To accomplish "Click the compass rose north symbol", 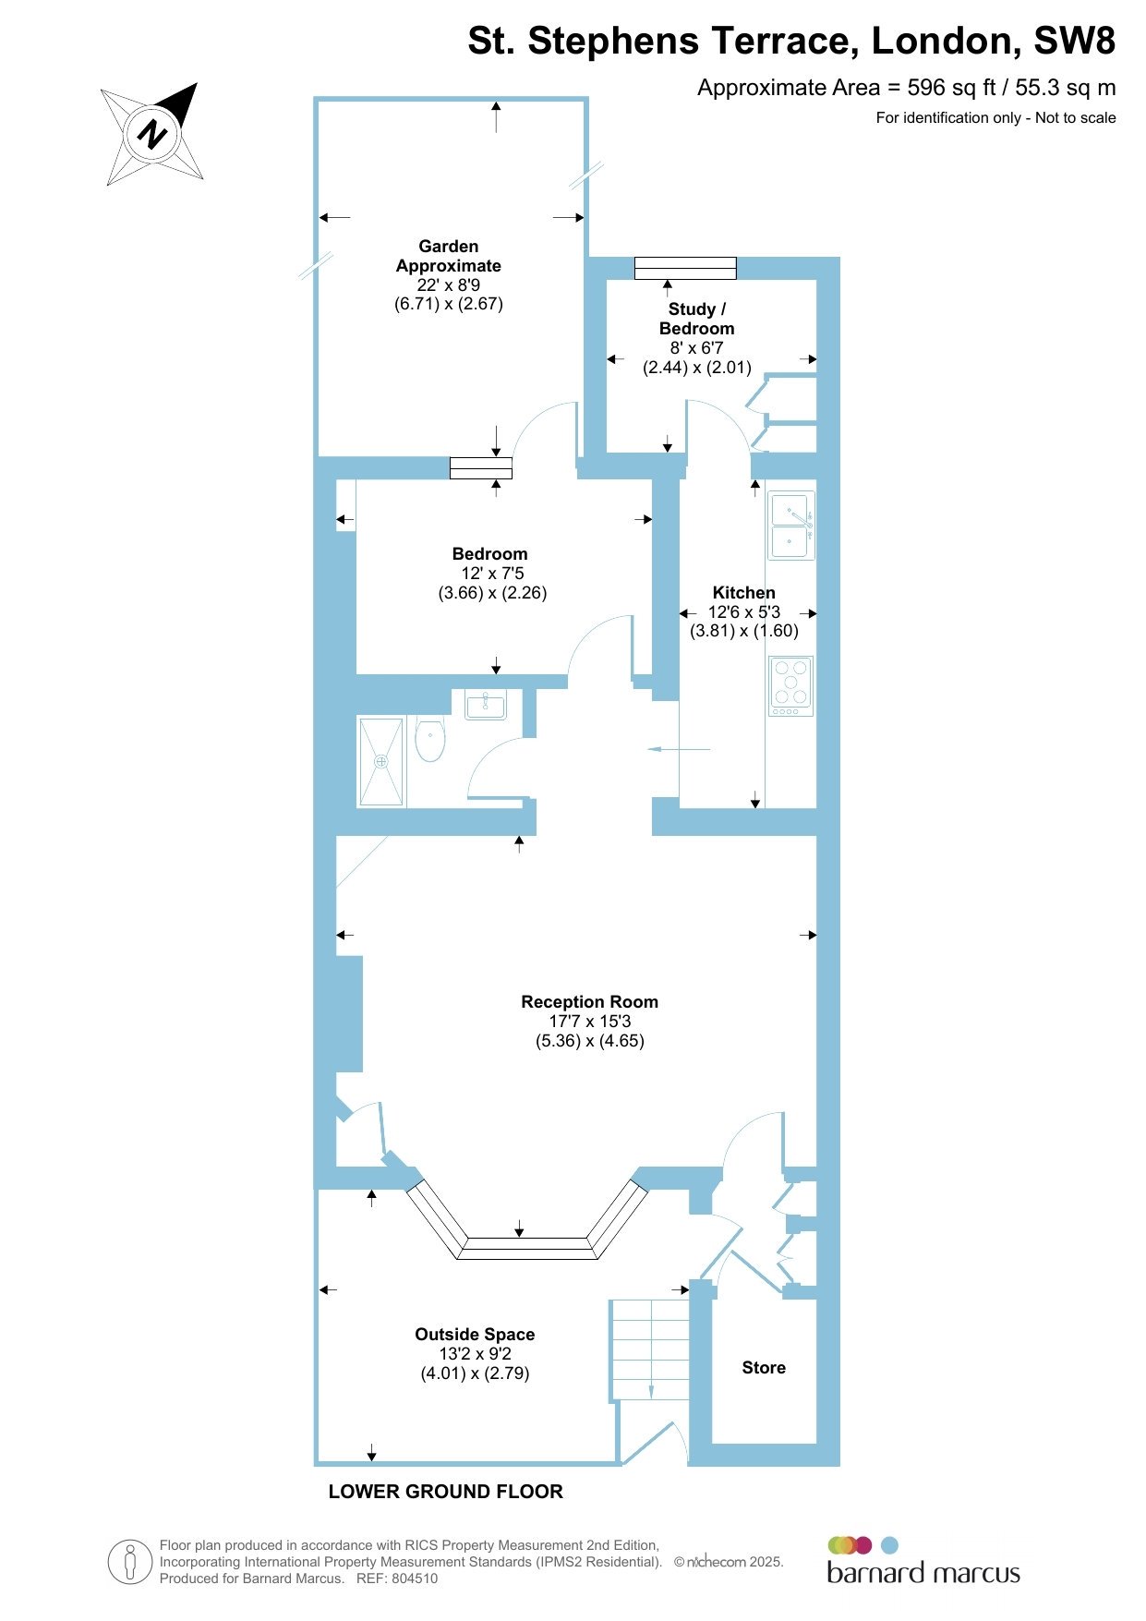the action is (x=152, y=135).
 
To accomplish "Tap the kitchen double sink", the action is (x=791, y=526).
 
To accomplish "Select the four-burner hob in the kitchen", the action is (x=791, y=685).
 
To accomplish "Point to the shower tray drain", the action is (x=381, y=761).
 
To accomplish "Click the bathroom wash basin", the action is (x=485, y=705).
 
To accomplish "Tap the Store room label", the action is (x=764, y=1368).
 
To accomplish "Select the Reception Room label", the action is (x=590, y=1002).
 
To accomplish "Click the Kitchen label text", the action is (x=744, y=593).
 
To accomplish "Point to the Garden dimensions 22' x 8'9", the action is (x=449, y=285).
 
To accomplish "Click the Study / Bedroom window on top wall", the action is (x=685, y=268).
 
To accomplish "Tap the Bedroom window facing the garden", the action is (x=481, y=468).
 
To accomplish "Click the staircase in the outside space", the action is (x=650, y=1351).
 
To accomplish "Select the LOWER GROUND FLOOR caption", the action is (x=446, y=1492).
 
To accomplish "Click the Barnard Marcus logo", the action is (x=923, y=1561).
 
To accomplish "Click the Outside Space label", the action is (x=475, y=1335).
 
